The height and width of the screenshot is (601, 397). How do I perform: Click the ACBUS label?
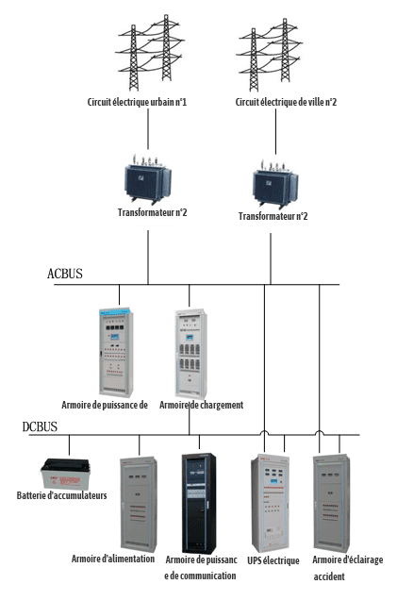pyautogui.click(x=65, y=274)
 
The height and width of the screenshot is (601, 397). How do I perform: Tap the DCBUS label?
pyautogui.click(x=40, y=427)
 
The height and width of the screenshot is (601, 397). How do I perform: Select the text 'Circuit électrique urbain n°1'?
pyautogui.click(x=137, y=102)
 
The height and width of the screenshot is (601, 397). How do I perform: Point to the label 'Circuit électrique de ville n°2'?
pyautogui.click(x=286, y=102)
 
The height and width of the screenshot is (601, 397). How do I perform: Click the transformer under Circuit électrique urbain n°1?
pyautogui.click(x=148, y=179)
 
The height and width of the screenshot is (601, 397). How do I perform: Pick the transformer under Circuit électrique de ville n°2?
pyautogui.click(x=275, y=184)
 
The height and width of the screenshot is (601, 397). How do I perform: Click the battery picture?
pyautogui.click(x=65, y=474)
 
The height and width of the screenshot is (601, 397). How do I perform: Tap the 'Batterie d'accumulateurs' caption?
pyautogui.click(x=61, y=495)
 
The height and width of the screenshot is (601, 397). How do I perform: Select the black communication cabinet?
pyautogui.click(x=198, y=503)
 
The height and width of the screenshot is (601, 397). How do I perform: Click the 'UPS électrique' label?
pyautogui.click(x=273, y=560)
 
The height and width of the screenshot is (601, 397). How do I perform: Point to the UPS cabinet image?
pyautogui.click(x=270, y=503)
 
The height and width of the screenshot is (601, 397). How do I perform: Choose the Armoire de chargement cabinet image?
pyautogui.click(x=191, y=354)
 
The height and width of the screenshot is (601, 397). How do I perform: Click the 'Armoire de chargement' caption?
pyautogui.click(x=202, y=405)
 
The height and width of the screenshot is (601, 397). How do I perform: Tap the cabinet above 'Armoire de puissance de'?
pyautogui.click(x=117, y=352)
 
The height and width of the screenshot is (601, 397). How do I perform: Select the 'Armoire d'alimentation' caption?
pyautogui.click(x=113, y=559)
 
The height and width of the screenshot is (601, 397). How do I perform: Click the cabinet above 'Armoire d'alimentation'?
pyautogui.click(x=139, y=504)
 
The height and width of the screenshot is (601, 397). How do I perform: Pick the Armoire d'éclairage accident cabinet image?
pyautogui.click(x=332, y=502)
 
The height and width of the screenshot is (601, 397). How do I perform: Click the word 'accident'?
pyautogui.click(x=329, y=576)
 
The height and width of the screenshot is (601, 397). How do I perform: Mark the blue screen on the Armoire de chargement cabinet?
pyautogui.click(x=190, y=338)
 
